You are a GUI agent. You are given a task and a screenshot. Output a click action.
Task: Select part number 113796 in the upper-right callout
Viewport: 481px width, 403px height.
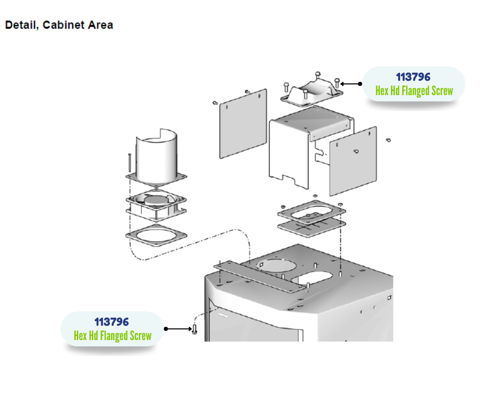click(413, 77)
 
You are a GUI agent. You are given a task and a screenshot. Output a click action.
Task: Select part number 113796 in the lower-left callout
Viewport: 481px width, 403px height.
click(111, 322)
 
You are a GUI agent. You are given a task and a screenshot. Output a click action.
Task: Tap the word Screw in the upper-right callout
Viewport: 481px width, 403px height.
click(440, 91)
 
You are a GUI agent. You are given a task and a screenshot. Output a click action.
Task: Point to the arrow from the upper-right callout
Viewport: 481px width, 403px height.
click(351, 83)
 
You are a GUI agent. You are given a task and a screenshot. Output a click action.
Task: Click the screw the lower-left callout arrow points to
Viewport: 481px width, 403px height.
click(194, 329)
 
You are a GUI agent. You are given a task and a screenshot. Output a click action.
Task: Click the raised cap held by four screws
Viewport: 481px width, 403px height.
click(311, 92)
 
